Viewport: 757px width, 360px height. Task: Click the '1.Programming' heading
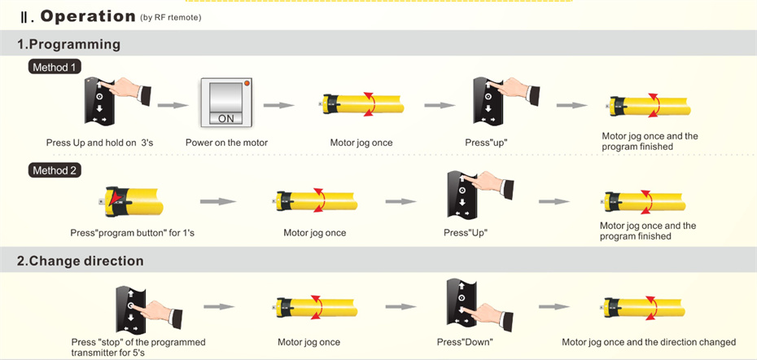pyautogui.click(x=68, y=44)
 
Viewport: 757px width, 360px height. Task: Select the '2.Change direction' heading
pyautogui.click(x=80, y=261)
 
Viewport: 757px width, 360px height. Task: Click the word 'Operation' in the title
pyautogui.click(x=88, y=15)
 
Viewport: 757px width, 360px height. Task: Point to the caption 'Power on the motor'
pyautogui.click(x=226, y=143)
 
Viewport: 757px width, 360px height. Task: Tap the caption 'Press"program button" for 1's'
pyautogui.click(x=132, y=233)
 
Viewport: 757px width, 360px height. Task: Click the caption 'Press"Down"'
pyautogui.click(x=464, y=342)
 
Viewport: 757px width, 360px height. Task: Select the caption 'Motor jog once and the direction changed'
pyautogui.click(x=648, y=342)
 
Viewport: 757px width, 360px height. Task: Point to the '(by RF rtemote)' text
pyautogui.click(x=171, y=17)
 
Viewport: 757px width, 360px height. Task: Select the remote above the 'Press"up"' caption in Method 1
pyautogui.click(x=488, y=103)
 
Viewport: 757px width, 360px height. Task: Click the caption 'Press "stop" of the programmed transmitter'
pyautogui.click(x=138, y=347)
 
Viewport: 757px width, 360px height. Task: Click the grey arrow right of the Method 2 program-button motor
pyautogui.click(x=217, y=200)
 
